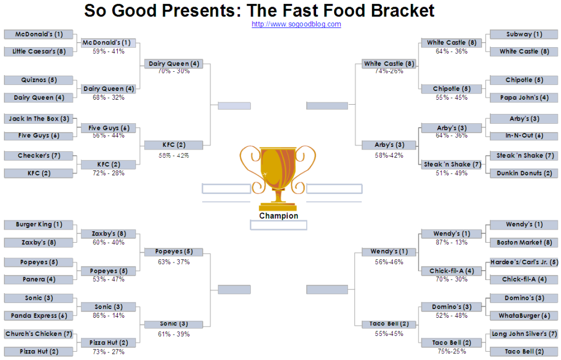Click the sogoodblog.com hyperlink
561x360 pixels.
(x=296, y=24)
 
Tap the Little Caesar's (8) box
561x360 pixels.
(x=39, y=52)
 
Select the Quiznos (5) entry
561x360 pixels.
(x=39, y=80)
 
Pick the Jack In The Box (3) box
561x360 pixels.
(x=39, y=118)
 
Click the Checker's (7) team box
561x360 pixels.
(x=39, y=156)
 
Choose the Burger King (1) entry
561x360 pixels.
(x=39, y=225)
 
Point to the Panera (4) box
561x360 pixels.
(x=39, y=279)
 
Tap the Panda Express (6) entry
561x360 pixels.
(x=39, y=316)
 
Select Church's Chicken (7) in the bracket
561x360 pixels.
(x=39, y=334)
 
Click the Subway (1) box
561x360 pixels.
(x=524, y=35)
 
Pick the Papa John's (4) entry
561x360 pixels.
(x=524, y=98)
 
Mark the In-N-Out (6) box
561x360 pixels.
(x=524, y=136)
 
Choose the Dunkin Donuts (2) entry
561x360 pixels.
(x=524, y=173)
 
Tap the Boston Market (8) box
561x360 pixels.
(x=524, y=243)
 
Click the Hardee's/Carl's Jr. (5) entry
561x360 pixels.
(x=524, y=262)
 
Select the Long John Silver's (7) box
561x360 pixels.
(x=524, y=334)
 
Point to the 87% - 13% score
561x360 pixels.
(x=451, y=243)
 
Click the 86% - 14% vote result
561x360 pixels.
(x=108, y=316)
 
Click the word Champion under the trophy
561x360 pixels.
(x=279, y=216)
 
